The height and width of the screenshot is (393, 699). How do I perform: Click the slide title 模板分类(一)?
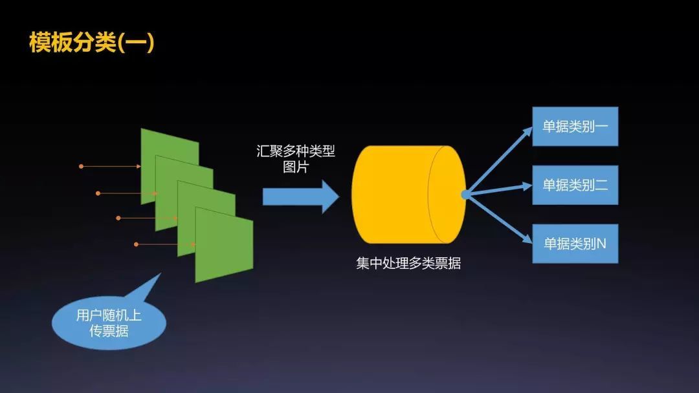coord(91,42)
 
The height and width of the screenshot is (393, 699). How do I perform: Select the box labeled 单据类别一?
coord(575,126)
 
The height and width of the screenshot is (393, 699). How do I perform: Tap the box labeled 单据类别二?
coord(575,185)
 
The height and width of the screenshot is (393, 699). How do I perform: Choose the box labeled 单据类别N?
coord(575,244)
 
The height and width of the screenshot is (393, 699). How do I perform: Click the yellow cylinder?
coord(401,194)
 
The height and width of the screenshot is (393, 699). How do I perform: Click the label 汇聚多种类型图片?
coord(296,159)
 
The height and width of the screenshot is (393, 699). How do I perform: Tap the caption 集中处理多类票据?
coord(408,263)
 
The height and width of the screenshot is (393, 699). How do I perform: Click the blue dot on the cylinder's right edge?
coord(465,194)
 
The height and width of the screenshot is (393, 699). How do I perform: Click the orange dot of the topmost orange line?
coord(81,166)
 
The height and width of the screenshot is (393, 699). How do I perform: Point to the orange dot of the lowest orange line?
coord(136,244)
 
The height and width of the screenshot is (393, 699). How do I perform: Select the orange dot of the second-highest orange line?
coord(98,193)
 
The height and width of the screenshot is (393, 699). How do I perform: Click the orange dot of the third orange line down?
coord(118,218)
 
